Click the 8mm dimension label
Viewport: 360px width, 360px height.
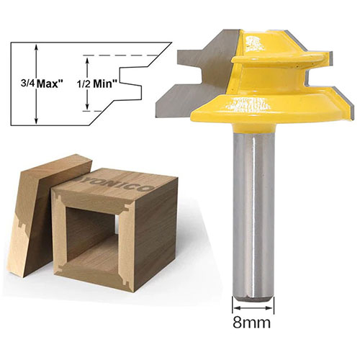click(x=251, y=323)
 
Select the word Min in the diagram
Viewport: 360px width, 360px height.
click(x=105, y=84)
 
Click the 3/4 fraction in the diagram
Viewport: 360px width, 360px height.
click(x=28, y=84)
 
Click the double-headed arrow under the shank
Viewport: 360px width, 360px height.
click(x=253, y=308)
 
